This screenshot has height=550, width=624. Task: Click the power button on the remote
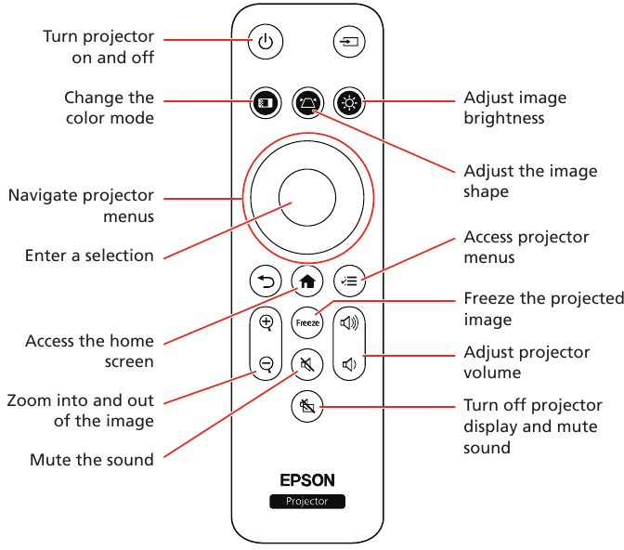266,43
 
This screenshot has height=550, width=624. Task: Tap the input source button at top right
349,43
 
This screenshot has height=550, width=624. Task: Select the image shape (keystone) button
307,102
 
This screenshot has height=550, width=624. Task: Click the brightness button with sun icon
349,102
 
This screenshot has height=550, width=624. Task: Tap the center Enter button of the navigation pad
307,199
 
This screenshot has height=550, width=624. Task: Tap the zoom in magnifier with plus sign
266,323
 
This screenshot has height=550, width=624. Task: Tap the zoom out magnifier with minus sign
266,363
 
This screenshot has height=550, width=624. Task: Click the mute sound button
307,363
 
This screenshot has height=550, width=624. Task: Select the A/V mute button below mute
307,405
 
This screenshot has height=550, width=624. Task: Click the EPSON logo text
307,481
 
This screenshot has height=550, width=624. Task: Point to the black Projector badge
307,502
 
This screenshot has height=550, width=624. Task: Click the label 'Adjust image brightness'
514,108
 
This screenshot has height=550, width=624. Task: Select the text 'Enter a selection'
89,255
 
